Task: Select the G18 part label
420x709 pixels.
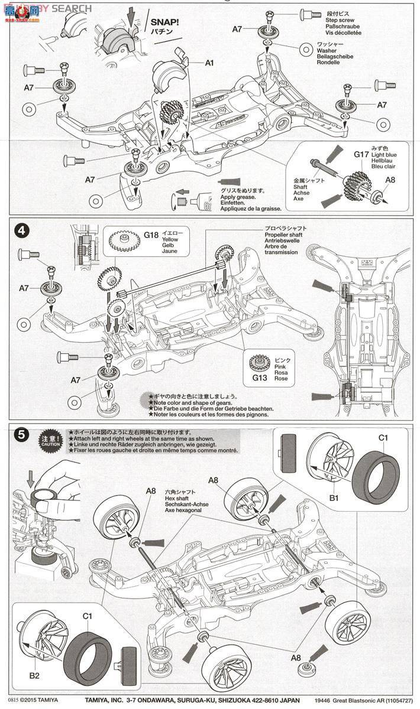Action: coord(151,235)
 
